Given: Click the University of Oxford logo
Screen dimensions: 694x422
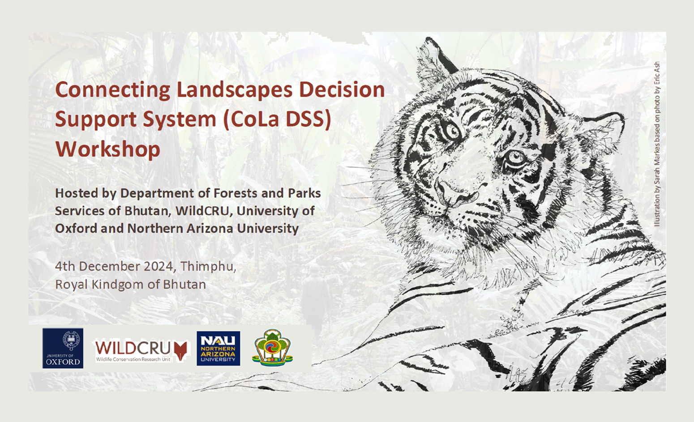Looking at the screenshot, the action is click(63, 348).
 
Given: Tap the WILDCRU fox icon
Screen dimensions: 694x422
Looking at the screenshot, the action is click(181, 351).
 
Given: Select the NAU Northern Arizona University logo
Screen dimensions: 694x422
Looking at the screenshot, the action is click(218, 348).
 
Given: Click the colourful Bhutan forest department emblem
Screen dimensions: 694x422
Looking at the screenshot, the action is click(273, 347).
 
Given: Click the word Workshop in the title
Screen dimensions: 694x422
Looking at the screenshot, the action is click(108, 149).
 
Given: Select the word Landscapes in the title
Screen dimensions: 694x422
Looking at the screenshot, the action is click(235, 90).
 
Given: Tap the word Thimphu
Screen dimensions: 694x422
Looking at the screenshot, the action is click(208, 267).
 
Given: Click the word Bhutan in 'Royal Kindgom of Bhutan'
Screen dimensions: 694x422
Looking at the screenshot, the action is click(184, 284).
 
